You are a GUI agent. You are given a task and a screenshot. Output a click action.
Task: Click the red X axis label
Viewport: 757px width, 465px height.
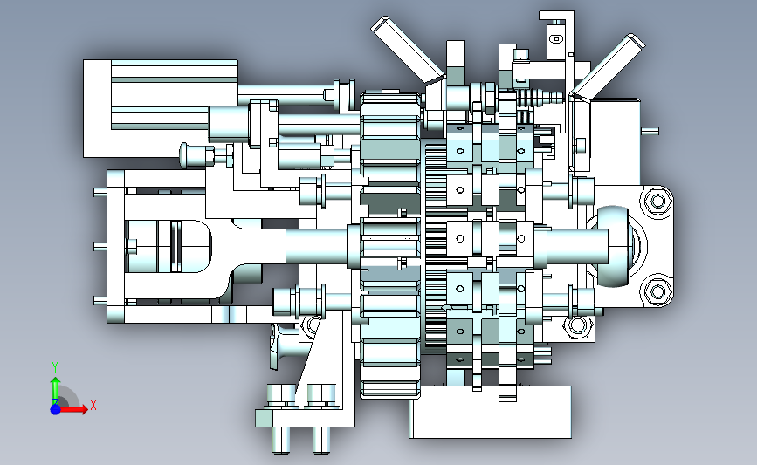pyautogui.click(x=93, y=405)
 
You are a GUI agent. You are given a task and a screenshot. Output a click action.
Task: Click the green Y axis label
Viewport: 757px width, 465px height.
pyautogui.click(x=55, y=367)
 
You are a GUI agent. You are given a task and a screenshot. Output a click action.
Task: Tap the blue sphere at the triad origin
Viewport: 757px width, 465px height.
pyautogui.click(x=56, y=409)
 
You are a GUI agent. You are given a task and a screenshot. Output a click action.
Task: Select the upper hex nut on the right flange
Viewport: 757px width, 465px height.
pyautogui.click(x=657, y=201)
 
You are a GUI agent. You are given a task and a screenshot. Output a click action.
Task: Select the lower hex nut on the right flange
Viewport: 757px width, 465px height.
pyautogui.click(x=657, y=291)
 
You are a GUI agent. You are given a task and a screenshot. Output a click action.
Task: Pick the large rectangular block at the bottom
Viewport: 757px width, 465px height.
pyautogui.click(x=490, y=412)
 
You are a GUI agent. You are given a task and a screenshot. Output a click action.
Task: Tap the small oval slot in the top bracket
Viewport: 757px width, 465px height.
pyautogui.click(x=556, y=38)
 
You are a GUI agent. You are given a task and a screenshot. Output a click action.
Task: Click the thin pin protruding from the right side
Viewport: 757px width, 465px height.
pyautogui.click(x=650, y=130)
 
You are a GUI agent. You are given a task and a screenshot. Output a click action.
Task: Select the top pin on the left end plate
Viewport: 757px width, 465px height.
pyautogui.click(x=100, y=193)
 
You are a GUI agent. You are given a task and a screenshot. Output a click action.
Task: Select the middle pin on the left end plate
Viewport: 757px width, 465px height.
pyautogui.click(x=100, y=247)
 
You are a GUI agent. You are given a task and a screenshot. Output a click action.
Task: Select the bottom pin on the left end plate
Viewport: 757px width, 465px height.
pyautogui.click(x=100, y=301)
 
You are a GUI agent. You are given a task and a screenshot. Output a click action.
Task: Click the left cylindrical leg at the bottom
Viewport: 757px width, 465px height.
pyautogui.click(x=281, y=440)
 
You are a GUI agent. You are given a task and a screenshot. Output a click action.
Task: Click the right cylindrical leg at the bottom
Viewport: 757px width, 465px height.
pyautogui.click(x=321, y=440)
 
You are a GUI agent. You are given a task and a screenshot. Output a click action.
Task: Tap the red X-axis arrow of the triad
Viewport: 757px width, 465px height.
pyautogui.click(x=72, y=409)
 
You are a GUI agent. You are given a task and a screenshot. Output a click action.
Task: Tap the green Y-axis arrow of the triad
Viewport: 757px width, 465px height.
pyautogui.click(x=56, y=391)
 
